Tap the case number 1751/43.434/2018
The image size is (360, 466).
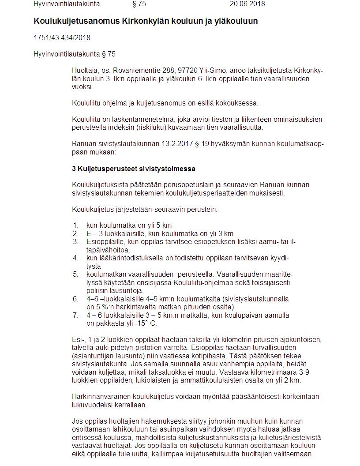62,38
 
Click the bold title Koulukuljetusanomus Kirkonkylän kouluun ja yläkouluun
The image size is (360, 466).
146,21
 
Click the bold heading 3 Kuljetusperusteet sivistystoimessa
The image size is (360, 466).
134,169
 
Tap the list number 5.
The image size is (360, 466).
75,274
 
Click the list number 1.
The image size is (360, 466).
75,225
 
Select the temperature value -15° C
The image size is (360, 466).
144,323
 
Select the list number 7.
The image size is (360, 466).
75,315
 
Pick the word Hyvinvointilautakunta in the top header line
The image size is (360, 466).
67,4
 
